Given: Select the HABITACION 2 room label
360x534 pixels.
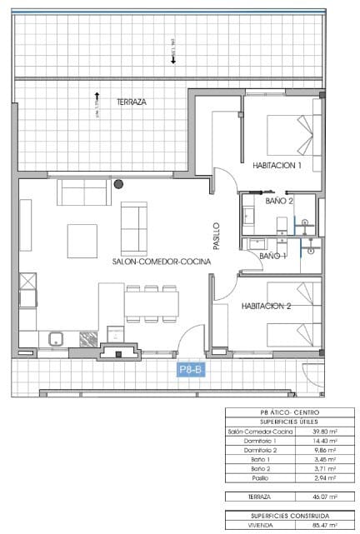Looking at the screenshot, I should point(266,306).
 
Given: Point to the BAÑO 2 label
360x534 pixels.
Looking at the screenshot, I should point(279,201).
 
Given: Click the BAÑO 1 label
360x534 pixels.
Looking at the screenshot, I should point(272,256).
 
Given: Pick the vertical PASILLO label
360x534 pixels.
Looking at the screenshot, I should point(217,236).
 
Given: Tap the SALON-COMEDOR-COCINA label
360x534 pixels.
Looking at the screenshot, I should point(162,261).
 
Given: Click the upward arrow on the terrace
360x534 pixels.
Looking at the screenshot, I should point(97,96).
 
